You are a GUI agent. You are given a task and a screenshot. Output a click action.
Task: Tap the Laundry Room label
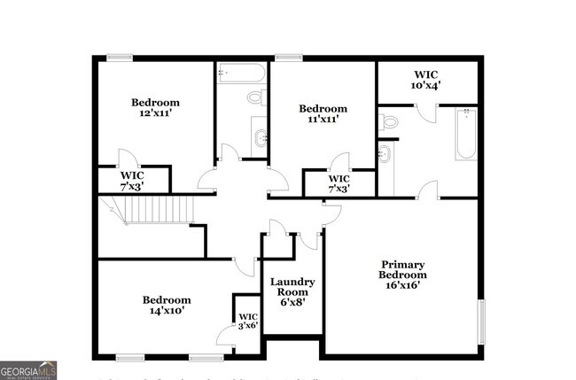292,291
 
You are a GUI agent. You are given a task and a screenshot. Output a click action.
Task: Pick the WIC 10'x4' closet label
425,80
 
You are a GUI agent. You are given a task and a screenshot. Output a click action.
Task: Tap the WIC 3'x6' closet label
247,322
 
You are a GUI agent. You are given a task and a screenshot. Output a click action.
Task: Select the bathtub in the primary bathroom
466,134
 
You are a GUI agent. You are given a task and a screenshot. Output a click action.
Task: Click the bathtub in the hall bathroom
241,73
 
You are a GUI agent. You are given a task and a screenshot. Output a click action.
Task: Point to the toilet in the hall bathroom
255,97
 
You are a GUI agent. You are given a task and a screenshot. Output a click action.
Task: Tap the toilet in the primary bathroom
387,122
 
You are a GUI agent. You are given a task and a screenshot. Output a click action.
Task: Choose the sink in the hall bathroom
260,136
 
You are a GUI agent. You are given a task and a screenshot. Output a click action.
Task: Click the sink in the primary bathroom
384,154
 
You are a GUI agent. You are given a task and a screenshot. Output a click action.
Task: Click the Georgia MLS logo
28,369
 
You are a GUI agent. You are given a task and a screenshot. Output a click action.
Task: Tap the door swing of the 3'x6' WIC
225,337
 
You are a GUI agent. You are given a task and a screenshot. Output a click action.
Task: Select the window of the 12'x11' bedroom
120,58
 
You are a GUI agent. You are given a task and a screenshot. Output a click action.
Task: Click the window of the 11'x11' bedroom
288,58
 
